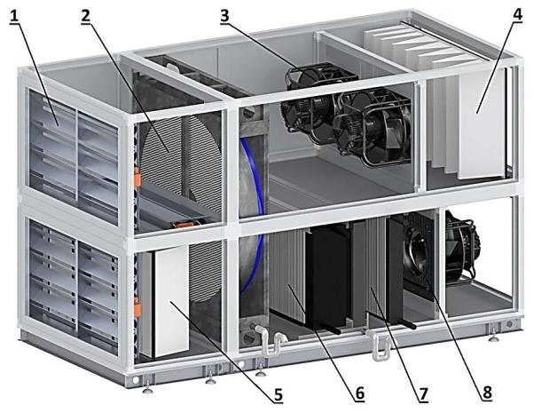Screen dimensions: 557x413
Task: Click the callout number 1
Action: [x=14, y=16]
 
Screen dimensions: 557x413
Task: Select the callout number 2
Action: [x=85, y=16]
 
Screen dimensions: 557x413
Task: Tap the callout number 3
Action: [x=224, y=16]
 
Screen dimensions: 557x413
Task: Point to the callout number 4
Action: [x=517, y=15]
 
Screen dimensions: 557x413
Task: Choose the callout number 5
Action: [x=278, y=394]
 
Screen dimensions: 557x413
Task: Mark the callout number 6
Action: [x=359, y=393]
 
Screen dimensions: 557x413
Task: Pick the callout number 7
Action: [x=423, y=394]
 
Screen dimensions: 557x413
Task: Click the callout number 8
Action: [x=487, y=393]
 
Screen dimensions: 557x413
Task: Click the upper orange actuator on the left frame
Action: [x=137, y=177]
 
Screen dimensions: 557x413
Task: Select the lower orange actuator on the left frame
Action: [x=137, y=307]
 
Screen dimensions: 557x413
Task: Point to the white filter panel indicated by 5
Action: [x=172, y=301]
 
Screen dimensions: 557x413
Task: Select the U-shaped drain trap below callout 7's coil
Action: [x=379, y=345]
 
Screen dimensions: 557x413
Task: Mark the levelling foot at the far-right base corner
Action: [x=494, y=335]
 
